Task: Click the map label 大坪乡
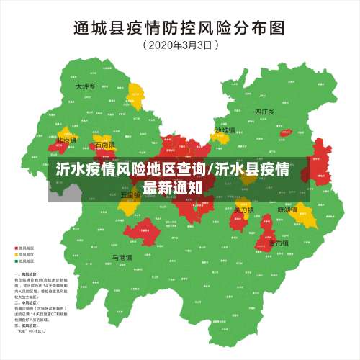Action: pos(85,86)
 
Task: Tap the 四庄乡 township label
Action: pos(265,112)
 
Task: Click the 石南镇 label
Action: pos(105,145)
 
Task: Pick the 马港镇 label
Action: pos(121,257)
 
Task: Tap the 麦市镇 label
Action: pos(279,243)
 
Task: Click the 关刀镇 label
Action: pos(243,210)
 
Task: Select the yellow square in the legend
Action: pos(17,255)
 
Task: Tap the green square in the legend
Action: pos(17,261)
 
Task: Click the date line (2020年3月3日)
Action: pos(179,45)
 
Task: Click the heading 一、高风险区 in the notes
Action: pos(26,274)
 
